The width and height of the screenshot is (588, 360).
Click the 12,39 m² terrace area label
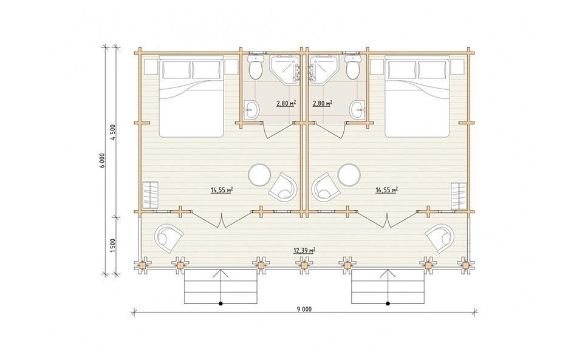click(304, 250)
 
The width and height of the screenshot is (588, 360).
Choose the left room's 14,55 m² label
click(222, 190)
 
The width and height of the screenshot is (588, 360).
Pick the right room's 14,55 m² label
click(386, 190)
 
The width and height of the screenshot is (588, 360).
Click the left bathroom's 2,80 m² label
click(285, 103)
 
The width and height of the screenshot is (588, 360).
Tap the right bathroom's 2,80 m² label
click(322, 103)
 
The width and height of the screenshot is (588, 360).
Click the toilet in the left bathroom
click(256, 67)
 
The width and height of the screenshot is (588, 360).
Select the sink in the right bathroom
click(357, 110)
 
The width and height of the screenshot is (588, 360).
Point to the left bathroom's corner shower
click(285, 69)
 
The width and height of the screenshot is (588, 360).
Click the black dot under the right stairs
click(388, 304)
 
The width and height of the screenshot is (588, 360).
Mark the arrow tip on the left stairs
click(221, 270)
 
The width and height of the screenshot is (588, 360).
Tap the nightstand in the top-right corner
click(458, 66)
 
